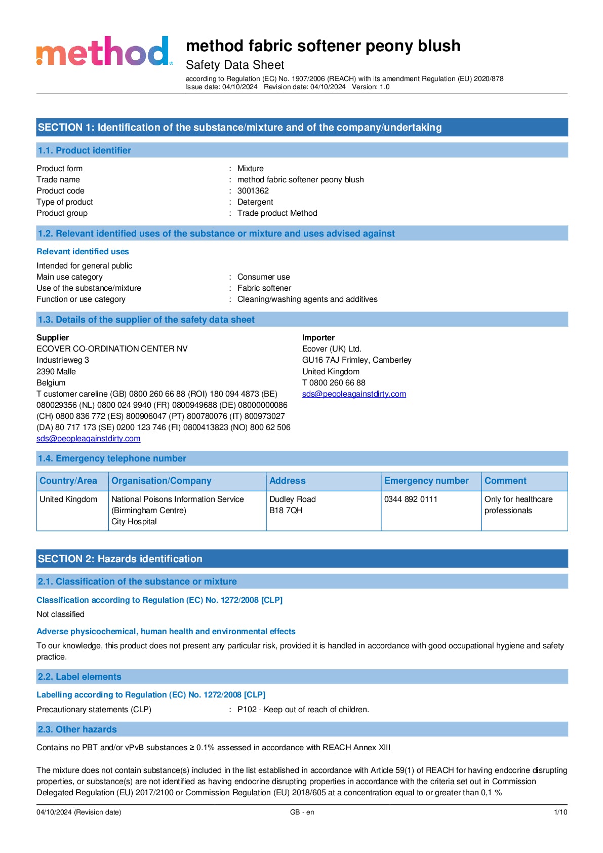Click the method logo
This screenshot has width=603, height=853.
(104, 52)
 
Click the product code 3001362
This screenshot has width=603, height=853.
(253, 191)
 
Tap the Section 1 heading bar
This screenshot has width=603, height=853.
(302, 128)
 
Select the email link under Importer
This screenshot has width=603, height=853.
(354, 394)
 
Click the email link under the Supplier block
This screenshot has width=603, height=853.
(89, 439)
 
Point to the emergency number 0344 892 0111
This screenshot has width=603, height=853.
(411, 499)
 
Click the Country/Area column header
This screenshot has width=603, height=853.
(68, 481)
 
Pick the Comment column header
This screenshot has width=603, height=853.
(505, 481)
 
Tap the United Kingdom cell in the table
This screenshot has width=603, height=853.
(68, 499)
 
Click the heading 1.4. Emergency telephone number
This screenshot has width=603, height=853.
(112, 459)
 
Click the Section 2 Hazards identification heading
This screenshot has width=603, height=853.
(120, 559)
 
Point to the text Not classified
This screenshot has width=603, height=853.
(61, 614)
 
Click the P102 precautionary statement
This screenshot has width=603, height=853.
(303, 710)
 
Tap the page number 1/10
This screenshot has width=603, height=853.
(560, 812)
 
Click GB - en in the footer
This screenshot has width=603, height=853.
(302, 812)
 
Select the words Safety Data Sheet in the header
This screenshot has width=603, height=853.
(235, 65)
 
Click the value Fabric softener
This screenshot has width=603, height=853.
(264, 288)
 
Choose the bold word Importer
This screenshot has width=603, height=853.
(318, 338)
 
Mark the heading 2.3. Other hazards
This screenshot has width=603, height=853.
(77, 730)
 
